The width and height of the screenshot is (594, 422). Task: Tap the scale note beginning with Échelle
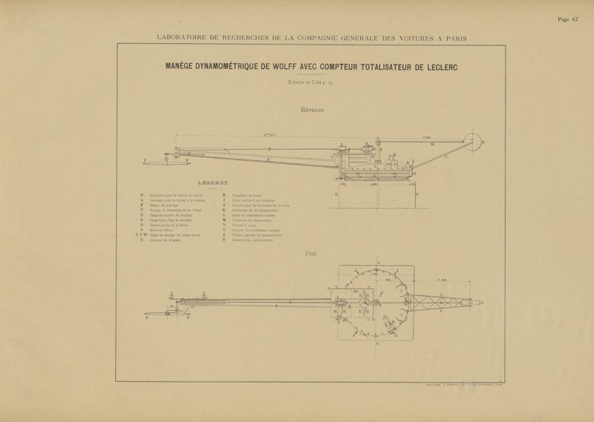[306, 82]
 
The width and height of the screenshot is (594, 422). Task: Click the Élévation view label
[308, 110]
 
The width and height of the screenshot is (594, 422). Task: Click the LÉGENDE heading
[214, 182]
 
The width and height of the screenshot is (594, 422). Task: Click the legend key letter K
[223, 210]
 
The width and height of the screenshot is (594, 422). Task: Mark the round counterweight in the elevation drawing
[469, 141]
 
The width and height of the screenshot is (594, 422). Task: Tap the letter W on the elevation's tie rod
[432, 146]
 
